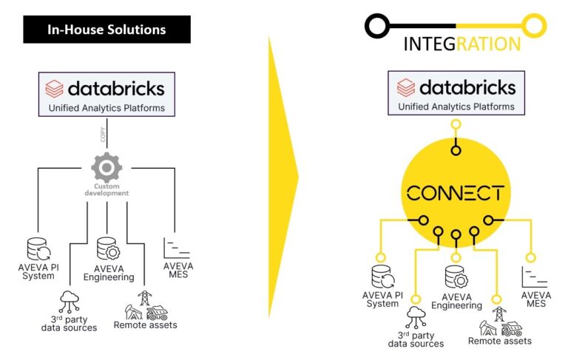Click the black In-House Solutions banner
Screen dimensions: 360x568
[x=106, y=30]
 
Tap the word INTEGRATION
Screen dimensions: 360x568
[x=461, y=44]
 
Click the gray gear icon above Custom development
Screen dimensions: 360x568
[x=106, y=168]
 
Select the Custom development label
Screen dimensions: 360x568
[x=106, y=190]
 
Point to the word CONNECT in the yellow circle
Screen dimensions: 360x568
[x=456, y=194]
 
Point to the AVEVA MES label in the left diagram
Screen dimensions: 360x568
[x=178, y=271]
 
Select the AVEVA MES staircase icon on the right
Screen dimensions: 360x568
[x=530, y=276]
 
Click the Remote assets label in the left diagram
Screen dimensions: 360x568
[x=145, y=325]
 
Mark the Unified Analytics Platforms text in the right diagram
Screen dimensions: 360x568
[x=456, y=106]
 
